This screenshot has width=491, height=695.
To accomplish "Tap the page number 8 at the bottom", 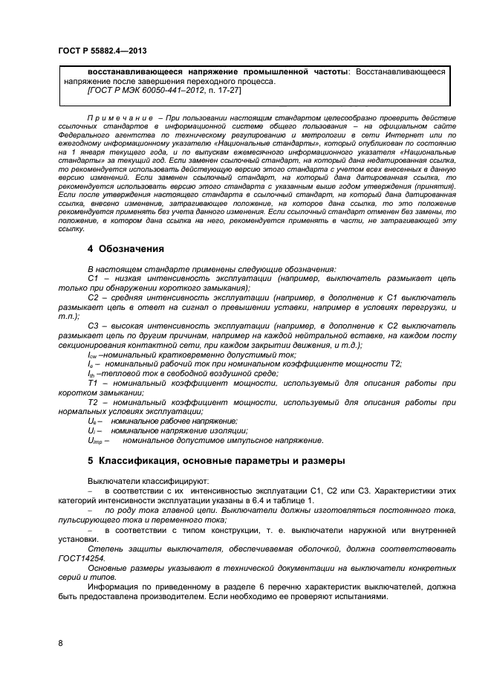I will pyautogui.click(x=60, y=643).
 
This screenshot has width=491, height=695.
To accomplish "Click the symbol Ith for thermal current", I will pyautogui.click(x=91, y=373).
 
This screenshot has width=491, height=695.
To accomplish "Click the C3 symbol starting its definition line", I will pyautogui.click(x=94, y=326).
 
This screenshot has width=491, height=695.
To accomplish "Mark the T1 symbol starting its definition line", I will pyautogui.click(x=93, y=383).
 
